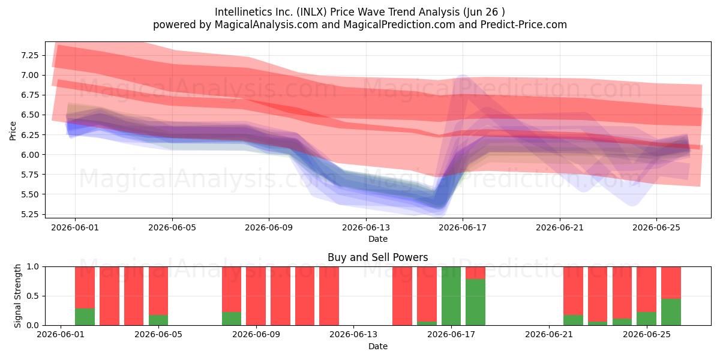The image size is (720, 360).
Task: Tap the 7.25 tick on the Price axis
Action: [x=29, y=55]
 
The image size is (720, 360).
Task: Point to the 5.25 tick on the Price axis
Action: [x=29, y=214]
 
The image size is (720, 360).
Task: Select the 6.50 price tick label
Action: [x=29, y=115]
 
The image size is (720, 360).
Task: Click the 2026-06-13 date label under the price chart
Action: [x=366, y=227]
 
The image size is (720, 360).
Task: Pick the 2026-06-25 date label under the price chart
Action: [x=656, y=227]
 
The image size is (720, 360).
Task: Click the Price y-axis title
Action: [x=13, y=131]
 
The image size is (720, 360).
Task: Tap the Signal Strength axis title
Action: [x=17, y=296]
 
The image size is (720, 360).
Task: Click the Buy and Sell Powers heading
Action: [x=377, y=257]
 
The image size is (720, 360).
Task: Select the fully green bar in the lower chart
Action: [x=451, y=296]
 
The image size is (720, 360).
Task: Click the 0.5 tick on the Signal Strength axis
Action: [x=32, y=296]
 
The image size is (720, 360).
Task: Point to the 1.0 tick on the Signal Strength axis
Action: [x=32, y=267]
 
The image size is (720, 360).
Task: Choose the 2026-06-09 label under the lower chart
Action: [x=256, y=335]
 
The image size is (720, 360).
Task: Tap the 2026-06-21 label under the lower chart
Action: [x=549, y=335]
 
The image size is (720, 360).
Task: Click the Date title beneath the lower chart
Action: [x=378, y=347]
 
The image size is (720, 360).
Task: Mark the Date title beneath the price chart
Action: [x=378, y=239]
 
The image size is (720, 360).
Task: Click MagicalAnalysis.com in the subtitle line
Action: [x=266, y=25]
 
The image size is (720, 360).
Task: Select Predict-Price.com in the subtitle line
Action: [x=524, y=25]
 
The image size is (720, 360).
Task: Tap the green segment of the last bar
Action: [x=671, y=312]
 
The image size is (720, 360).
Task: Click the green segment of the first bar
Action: [x=85, y=317]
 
